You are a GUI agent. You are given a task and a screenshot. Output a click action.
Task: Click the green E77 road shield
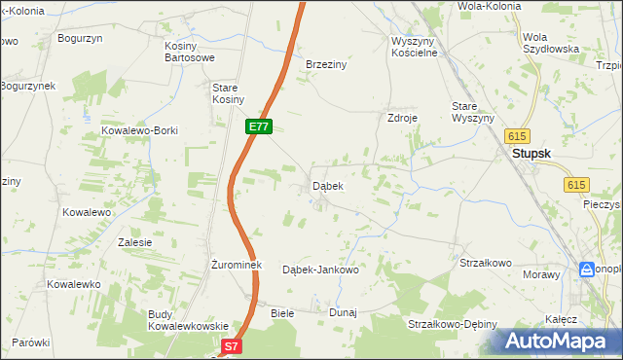[x=259, y=127]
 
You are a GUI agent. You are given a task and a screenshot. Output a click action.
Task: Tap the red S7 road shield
[x=230, y=346]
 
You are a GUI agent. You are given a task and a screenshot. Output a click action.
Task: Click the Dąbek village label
[x=327, y=186]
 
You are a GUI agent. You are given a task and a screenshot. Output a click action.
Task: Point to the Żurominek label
[x=233, y=264]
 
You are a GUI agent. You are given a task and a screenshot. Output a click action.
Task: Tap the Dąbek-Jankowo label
[x=320, y=270]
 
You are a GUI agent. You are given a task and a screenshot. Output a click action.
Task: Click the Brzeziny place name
[x=327, y=64]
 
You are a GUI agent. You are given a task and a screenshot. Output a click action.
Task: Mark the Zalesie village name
[x=134, y=242]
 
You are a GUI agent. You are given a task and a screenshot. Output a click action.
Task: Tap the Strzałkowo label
[x=486, y=263]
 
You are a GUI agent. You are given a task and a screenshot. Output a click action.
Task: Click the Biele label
[x=282, y=313]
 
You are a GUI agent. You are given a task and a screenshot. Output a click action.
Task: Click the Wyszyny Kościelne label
[x=416, y=47]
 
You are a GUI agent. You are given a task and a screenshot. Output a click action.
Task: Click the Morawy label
[x=543, y=274]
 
